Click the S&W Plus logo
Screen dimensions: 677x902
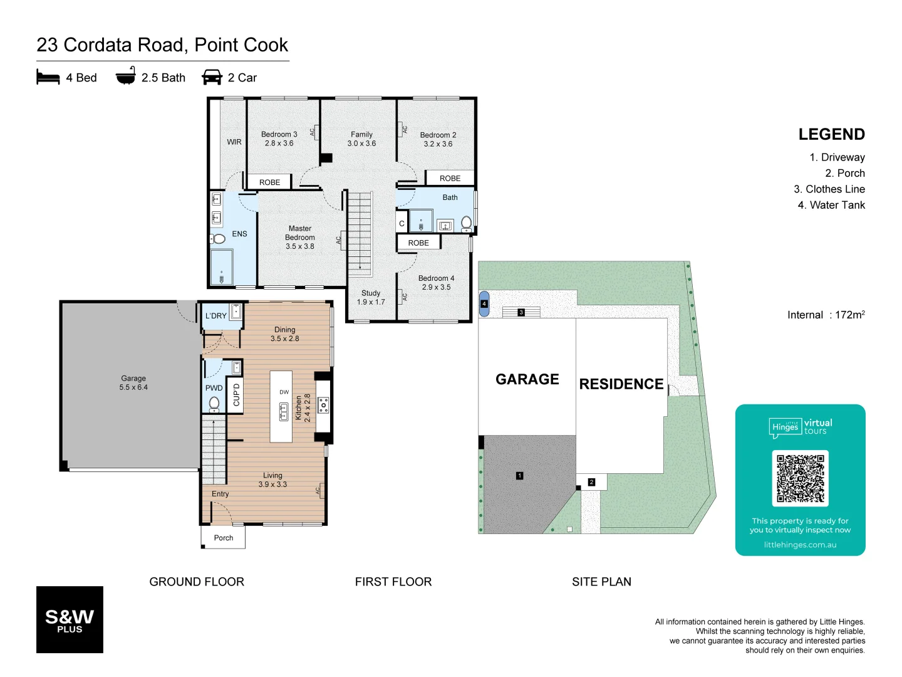pyautogui.click(x=70, y=619)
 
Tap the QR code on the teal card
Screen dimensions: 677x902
pyautogui.click(x=800, y=478)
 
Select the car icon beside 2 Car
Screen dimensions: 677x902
pyautogui.click(x=212, y=77)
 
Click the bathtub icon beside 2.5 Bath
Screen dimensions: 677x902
pyautogui.click(x=125, y=76)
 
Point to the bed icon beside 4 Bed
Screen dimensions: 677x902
pyautogui.click(x=48, y=77)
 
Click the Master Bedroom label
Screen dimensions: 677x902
pyautogui.click(x=299, y=238)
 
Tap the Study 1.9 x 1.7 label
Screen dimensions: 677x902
pyautogui.click(x=371, y=297)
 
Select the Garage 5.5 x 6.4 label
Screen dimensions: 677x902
pyautogui.click(x=133, y=382)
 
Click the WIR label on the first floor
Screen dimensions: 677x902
pyautogui.click(x=234, y=142)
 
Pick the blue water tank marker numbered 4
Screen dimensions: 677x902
pyautogui.click(x=484, y=303)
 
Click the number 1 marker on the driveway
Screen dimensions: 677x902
pyautogui.click(x=519, y=476)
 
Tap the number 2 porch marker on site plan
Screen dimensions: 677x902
pyautogui.click(x=591, y=482)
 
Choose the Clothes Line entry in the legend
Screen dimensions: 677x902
pyautogui.click(x=829, y=189)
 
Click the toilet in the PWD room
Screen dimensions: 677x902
pyautogui.click(x=214, y=403)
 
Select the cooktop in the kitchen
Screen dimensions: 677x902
pyautogui.click(x=323, y=406)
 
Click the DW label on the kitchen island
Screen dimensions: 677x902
pyautogui.click(x=284, y=392)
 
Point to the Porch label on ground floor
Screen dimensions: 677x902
pyautogui.click(x=223, y=538)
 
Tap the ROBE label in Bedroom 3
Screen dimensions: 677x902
pyautogui.click(x=269, y=182)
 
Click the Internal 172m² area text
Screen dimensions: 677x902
pyautogui.click(x=826, y=315)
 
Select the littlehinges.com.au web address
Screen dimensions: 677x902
pyautogui.click(x=800, y=545)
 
